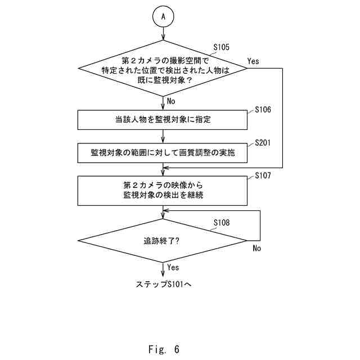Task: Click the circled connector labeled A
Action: pyautogui.click(x=163, y=17)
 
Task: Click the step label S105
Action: pyautogui.click(x=222, y=48)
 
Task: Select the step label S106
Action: pyautogui.click(x=263, y=109)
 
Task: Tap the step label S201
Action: pyautogui.click(x=263, y=143)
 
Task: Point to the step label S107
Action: pyautogui.click(x=263, y=175)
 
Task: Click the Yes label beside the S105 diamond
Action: pyautogui.click(x=253, y=61)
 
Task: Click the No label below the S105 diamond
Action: pyautogui.click(x=171, y=101)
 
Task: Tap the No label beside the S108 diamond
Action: pyautogui.click(x=256, y=248)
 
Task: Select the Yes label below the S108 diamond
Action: pyautogui.click(x=173, y=267)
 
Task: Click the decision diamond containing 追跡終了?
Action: pyautogui.click(x=163, y=240)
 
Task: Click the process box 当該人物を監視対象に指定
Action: pyautogui.click(x=163, y=120)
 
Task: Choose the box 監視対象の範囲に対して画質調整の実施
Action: pyautogui.click(x=163, y=152)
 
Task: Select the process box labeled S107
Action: pyautogui.click(x=163, y=191)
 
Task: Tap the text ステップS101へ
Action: pyautogui.click(x=164, y=285)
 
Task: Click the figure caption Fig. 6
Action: pyautogui.click(x=163, y=349)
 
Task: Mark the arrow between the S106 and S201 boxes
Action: pyautogui.click(x=163, y=136)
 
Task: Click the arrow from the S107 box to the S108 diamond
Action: pyautogui.click(x=163, y=212)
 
